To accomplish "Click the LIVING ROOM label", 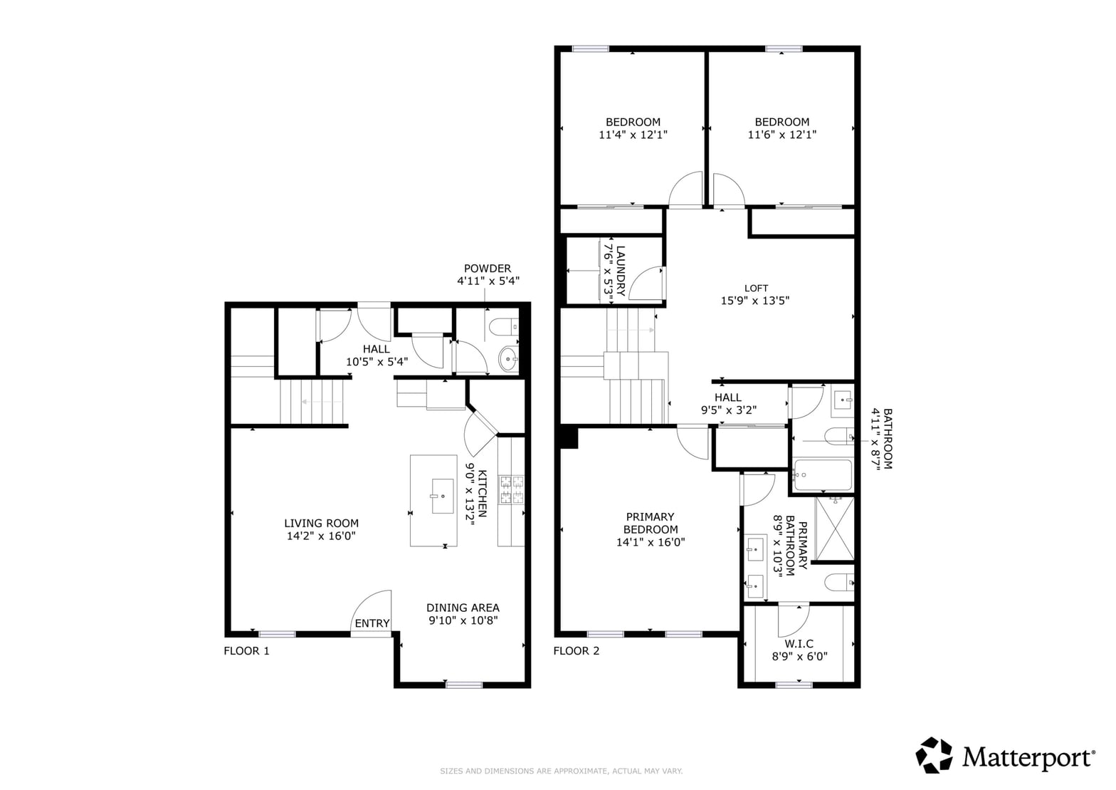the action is click(322, 523).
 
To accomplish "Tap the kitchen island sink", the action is click(443, 496).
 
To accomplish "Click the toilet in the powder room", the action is click(504, 327).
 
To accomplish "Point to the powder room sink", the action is click(508, 358).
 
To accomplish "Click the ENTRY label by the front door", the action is click(372, 623).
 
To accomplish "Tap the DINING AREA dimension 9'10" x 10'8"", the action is click(463, 620).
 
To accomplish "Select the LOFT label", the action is click(756, 289).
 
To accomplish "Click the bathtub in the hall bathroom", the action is click(823, 475).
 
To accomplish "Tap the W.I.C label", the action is click(799, 644).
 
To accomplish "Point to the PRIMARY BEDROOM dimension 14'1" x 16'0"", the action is click(651, 542).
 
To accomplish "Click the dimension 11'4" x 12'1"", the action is click(633, 135).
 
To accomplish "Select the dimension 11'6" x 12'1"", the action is click(781, 135).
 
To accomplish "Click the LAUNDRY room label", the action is click(621, 271).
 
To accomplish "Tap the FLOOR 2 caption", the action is click(577, 651).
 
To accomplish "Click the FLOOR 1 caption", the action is click(246, 651).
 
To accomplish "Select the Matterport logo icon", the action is click(934, 755).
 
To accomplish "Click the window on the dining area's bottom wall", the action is click(464, 685).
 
